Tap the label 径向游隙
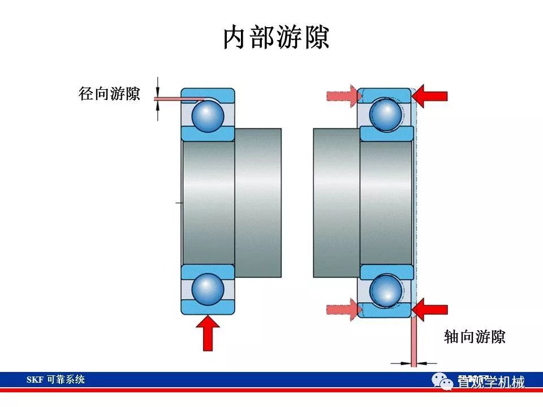[x=110, y=93]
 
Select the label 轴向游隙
[x=475, y=337]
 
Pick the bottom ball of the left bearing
[x=208, y=289]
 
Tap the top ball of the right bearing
[x=386, y=114]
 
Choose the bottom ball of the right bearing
[x=386, y=290]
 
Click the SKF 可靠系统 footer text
[x=55, y=379]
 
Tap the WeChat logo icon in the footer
[x=442, y=383]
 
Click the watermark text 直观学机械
[x=491, y=383]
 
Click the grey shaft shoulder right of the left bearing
[x=258, y=202]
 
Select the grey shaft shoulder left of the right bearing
[x=337, y=202]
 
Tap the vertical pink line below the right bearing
[x=414, y=339]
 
